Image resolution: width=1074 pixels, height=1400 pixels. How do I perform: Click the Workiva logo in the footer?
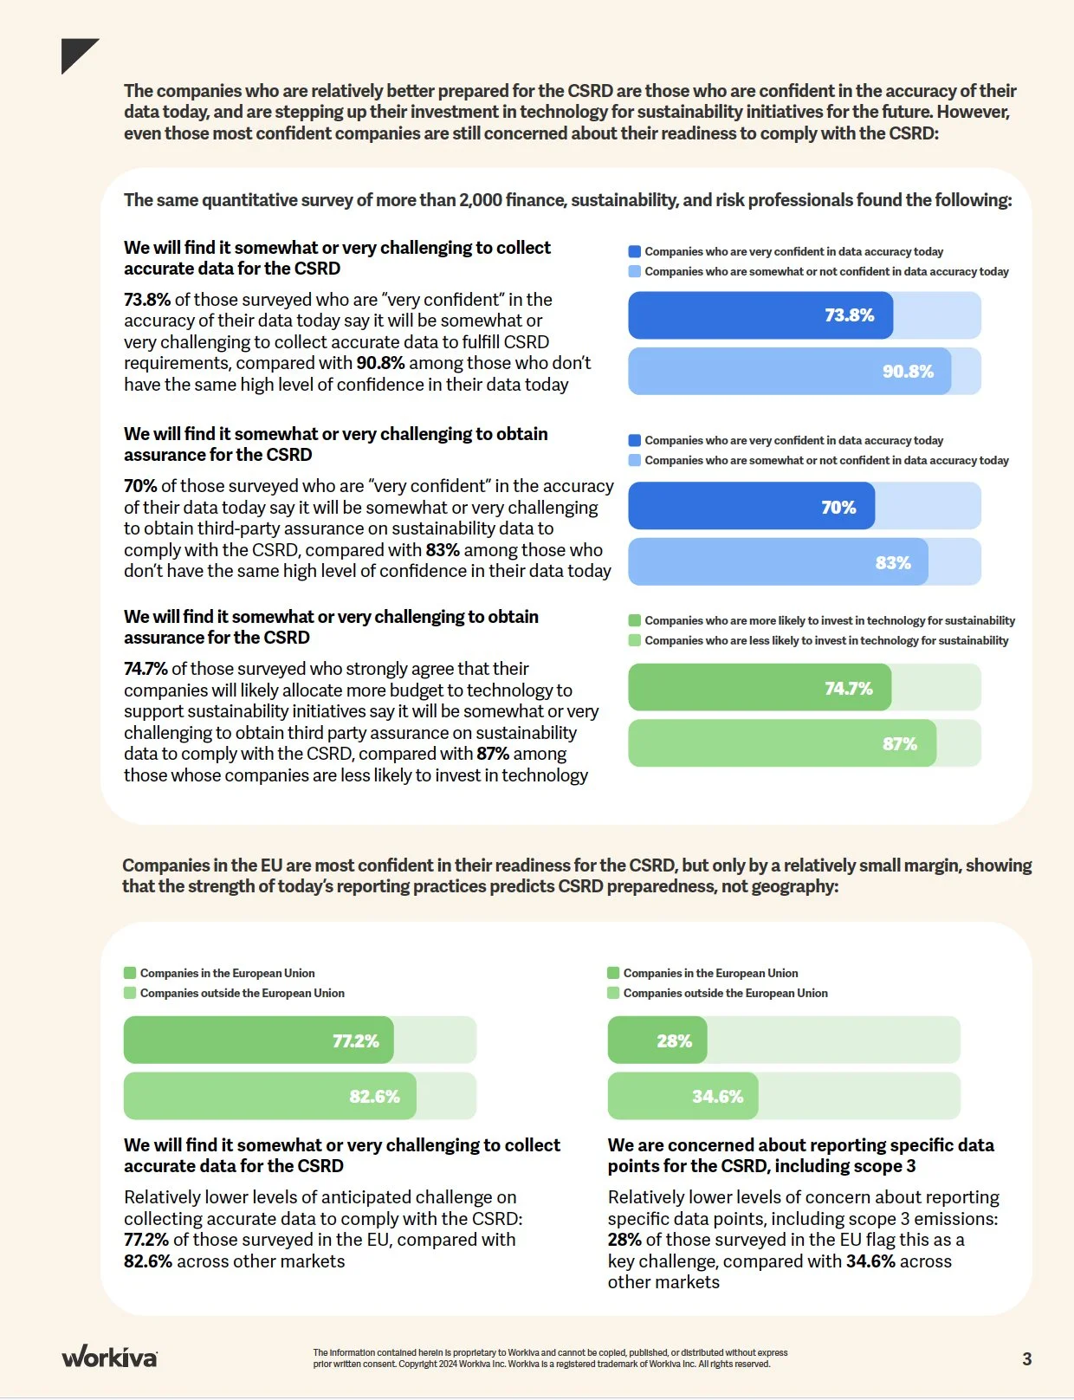[x=109, y=1357]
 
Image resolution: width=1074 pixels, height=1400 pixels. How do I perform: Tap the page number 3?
[x=1026, y=1358]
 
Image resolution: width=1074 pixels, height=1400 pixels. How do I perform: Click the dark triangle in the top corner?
[x=75, y=53]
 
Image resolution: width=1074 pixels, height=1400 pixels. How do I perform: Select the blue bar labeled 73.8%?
[x=760, y=315]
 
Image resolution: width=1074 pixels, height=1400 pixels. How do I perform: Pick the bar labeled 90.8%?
[x=789, y=372]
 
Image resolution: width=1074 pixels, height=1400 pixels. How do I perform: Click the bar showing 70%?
[x=751, y=507]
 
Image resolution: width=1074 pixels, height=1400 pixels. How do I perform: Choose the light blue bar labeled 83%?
[x=778, y=562]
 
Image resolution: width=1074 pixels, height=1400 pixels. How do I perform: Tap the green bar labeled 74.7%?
[x=759, y=688]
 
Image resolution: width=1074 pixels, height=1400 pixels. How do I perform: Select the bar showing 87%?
[x=781, y=743]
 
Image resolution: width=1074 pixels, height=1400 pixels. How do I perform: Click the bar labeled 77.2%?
[x=258, y=1040]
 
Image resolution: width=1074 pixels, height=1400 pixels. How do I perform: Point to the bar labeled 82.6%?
[x=269, y=1096]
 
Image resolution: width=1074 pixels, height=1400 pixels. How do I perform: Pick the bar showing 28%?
[x=657, y=1040]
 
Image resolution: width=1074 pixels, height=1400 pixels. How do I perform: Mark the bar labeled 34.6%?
[x=683, y=1096]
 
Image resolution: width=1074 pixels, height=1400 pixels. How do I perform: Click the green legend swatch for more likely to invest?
[x=635, y=620]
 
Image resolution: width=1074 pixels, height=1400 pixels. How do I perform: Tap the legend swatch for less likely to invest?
[x=635, y=640]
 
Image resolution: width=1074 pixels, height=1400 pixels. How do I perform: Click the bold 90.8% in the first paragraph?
[x=380, y=363]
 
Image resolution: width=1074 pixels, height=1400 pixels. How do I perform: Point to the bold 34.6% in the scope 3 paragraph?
[x=870, y=1261]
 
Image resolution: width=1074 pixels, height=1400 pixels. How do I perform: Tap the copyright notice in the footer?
[x=550, y=1358]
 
